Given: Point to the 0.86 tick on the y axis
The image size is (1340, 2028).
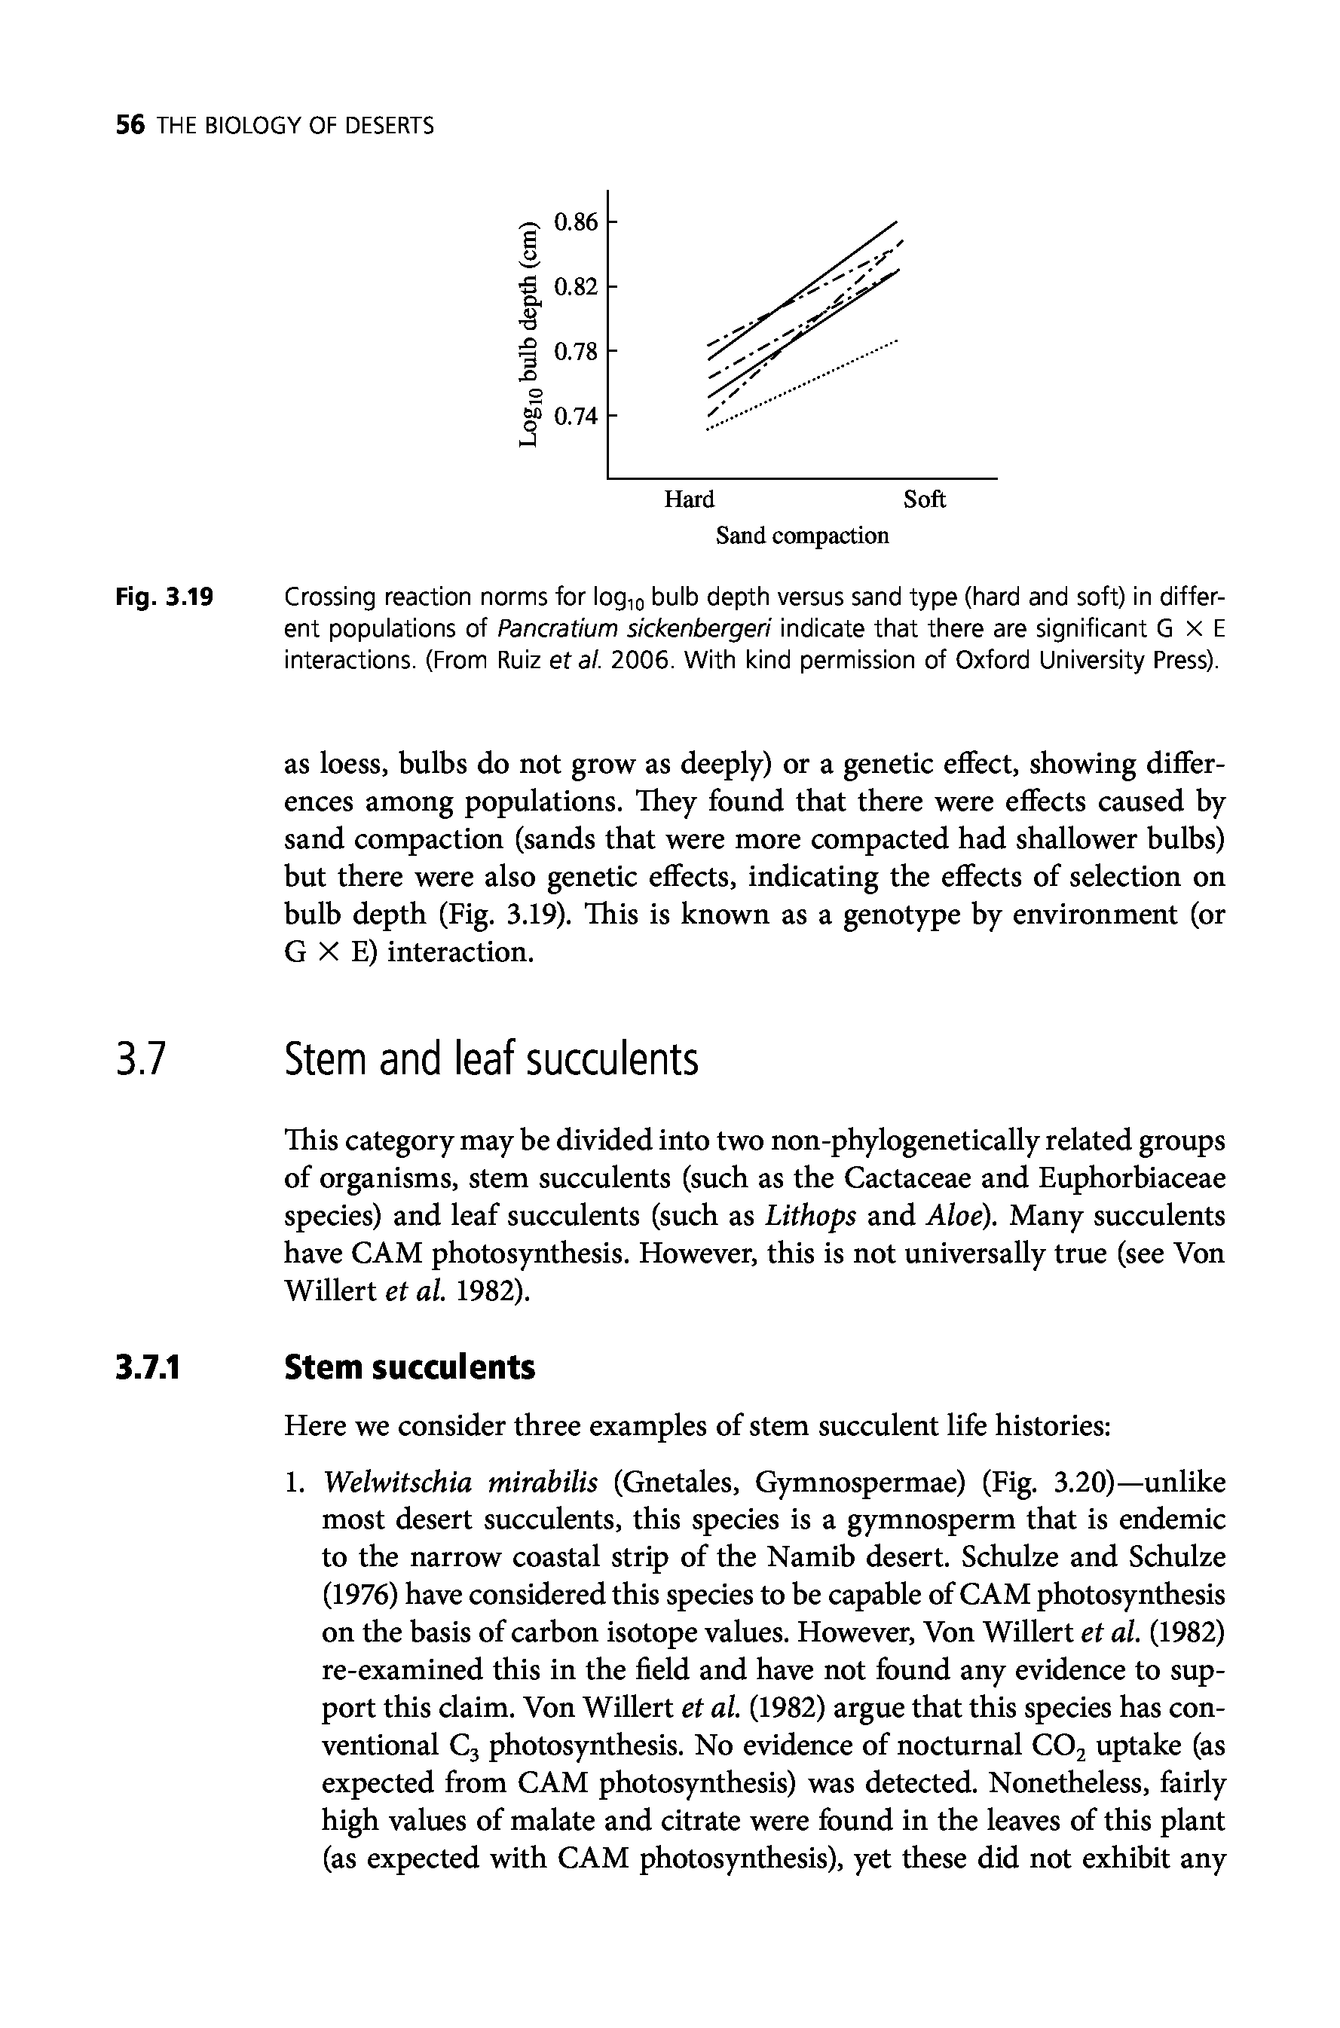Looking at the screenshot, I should click(x=575, y=223).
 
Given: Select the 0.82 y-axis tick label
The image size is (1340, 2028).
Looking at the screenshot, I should click(x=575, y=287).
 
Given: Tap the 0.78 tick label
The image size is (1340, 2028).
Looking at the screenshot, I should click(x=575, y=351).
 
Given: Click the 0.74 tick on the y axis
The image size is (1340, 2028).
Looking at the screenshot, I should click(x=575, y=416).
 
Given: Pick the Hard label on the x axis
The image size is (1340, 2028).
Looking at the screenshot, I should click(x=689, y=499).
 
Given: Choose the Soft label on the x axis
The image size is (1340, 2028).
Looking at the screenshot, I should click(x=924, y=499).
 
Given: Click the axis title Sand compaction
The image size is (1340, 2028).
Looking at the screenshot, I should click(x=802, y=536).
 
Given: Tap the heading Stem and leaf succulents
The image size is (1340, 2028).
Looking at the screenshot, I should click(x=491, y=1061).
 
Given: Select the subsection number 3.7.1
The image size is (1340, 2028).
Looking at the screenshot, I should click(x=148, y=1367).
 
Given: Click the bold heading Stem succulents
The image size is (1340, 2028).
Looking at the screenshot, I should click(x=409, y=1367).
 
